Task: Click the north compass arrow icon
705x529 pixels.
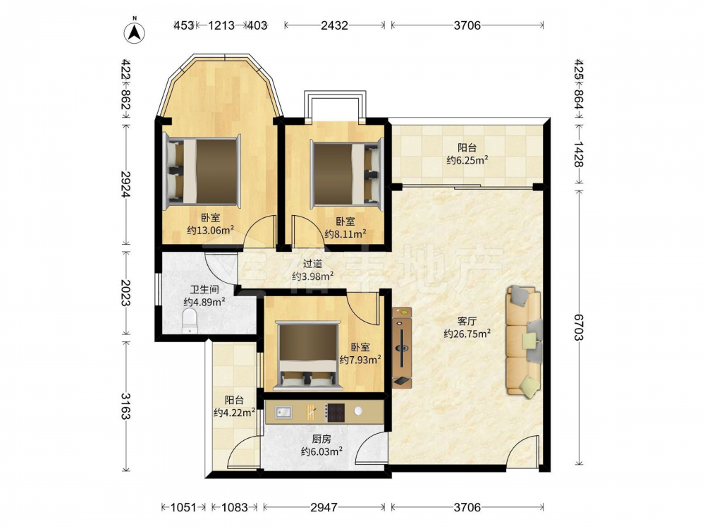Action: pos(134,32)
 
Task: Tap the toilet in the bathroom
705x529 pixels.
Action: pos(190,321)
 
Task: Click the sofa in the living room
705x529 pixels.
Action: pos(525,341)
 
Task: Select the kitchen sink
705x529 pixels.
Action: pos(283,412)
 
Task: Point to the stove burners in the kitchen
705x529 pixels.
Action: pos(336,413)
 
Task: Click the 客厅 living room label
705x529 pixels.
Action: pos(467,321)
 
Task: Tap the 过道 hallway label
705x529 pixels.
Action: pos(312,264)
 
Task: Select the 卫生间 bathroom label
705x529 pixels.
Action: pos(204,290)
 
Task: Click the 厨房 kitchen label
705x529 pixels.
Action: pos(322,439)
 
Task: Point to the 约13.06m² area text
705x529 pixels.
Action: pos(210,231)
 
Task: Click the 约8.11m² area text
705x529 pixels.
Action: pos(345,233)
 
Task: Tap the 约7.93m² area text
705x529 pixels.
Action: pos(360,360)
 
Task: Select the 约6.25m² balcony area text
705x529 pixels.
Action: pos(467,159)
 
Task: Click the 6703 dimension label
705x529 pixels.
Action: pos(578,327)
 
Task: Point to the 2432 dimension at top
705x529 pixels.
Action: pos(334,25)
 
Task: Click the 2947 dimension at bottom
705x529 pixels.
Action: pos(324,507)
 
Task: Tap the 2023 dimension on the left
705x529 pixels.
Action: pos(125,293)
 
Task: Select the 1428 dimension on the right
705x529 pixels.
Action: pos(578,154)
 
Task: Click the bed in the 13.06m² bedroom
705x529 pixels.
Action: pos(202,171)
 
